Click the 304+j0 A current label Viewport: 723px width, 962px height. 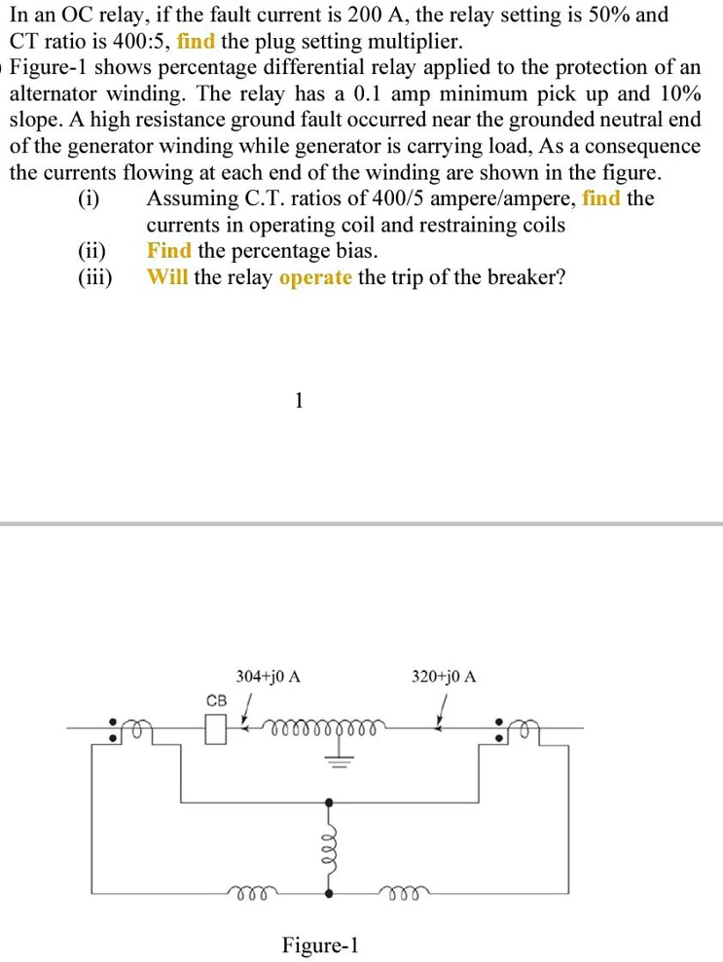[x=269, y=675]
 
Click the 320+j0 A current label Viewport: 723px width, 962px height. [x=444, y=675]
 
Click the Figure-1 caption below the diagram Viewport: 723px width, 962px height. [x=321, y=944]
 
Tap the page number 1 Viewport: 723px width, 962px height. [x=299, y=400]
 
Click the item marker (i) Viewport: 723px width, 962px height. [x=89, y=199]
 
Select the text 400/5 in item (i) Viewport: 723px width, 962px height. [x=447, y=199]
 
